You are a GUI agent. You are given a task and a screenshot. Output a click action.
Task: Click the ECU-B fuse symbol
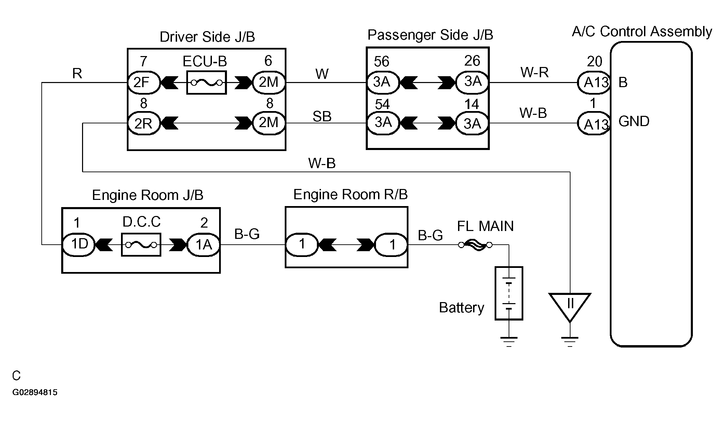coord(206,83)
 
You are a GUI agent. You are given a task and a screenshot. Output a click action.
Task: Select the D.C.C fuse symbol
coord(141,245)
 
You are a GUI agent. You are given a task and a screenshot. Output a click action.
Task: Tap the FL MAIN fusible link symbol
coord(475,245)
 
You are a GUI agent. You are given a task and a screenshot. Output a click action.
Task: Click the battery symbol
coord(509,293)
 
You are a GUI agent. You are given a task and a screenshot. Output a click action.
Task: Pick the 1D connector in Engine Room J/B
coord(79,245)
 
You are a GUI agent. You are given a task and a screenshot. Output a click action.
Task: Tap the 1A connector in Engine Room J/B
coord(203,245)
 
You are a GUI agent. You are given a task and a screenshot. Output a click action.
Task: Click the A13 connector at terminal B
coord(594,83)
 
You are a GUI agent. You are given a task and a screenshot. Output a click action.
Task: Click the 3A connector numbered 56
coord(382,83)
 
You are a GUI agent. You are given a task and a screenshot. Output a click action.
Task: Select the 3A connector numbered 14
coord(472,123)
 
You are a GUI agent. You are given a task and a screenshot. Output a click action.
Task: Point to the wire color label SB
coord(322,117)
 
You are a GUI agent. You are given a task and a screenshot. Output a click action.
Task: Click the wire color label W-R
coord(534,72)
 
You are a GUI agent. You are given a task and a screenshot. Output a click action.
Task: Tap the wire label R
coord(77,73)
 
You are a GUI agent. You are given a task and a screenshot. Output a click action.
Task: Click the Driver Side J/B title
coord(207,37)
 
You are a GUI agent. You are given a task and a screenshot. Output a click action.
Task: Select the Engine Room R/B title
coord(350,194)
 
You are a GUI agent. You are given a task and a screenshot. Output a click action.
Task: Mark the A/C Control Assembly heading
coord(642,31)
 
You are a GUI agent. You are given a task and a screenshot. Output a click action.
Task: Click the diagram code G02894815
coord(35,392)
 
